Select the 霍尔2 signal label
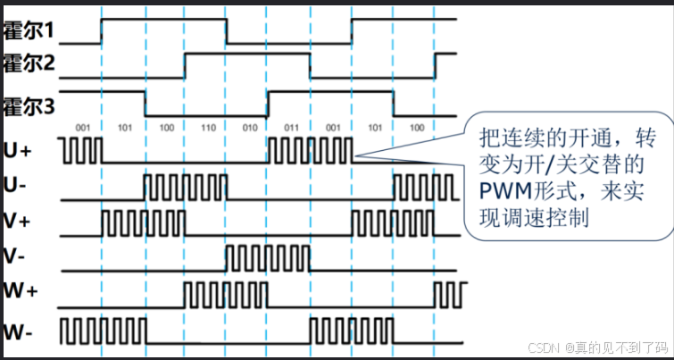pos(29,64)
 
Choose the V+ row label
pos(18,221)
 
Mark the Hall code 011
pos(290,128)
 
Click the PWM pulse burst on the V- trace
pos(268,259)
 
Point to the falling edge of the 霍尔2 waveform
pos(311,66)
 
